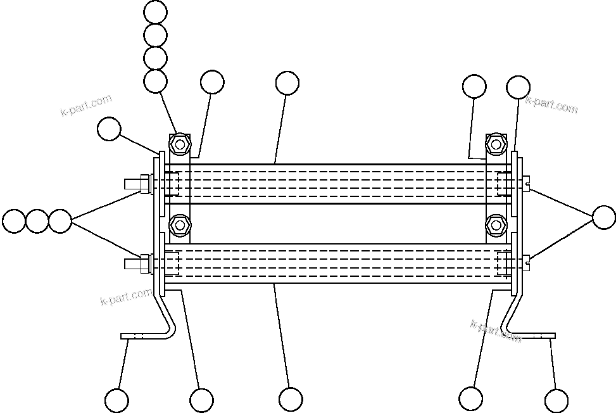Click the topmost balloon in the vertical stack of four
coord(155,11)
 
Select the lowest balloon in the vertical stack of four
coord(155,81)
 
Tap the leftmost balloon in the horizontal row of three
coord(13,221)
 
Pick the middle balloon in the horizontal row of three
coord(37,221)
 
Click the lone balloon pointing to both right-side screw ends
coord(604,217)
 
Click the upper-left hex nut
coord(180,143)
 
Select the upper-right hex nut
coord(495,143)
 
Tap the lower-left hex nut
coord(180,225)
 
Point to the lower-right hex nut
coord(495,225)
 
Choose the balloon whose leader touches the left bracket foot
coord(116,400)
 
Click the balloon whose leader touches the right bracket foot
coord(556,400)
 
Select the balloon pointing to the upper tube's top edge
coord(287,83)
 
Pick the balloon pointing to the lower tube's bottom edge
coord(291,399)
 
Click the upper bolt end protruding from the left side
coord(134,184)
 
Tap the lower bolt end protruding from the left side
coord(134,262)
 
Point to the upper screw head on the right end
coord(527,184)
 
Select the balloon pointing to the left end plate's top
coord(110,129)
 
